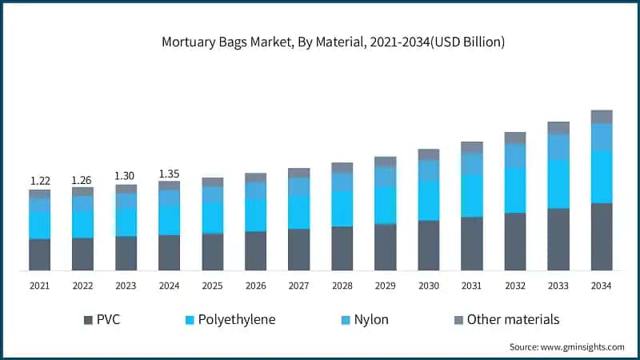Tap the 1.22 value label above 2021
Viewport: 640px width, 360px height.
click(40, 181)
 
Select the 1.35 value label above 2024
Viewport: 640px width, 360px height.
click(169, 173)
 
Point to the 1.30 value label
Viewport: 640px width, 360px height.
click(126, 176)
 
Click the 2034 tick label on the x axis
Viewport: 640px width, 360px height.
click(602, 286)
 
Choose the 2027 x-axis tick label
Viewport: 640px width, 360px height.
click(298, 286)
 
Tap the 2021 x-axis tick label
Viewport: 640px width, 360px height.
click(40, 286)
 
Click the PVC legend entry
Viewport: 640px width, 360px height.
click(102, 320)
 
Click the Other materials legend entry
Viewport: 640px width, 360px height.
click(506, 320)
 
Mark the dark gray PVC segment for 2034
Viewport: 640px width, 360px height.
click(602, 237)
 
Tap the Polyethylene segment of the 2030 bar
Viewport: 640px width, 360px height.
click(429, 200)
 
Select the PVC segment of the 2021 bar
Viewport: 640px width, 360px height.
click(40, 254)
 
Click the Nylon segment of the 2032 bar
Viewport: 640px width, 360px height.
click(515, 156)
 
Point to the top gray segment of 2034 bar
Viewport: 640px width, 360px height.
click(602, 117)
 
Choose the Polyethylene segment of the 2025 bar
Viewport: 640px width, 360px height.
click(212, 217)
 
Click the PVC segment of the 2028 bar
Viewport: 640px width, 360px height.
click(342, 248)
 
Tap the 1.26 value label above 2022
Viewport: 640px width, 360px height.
click(82, 180)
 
